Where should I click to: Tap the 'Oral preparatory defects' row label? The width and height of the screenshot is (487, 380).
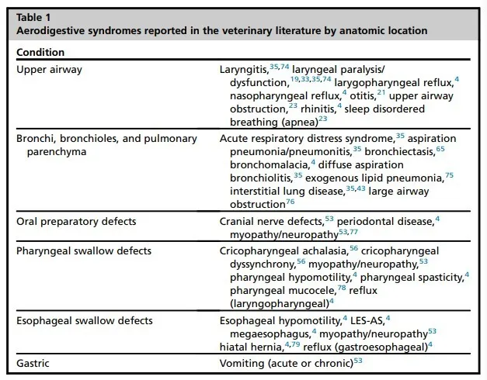click(76, 221)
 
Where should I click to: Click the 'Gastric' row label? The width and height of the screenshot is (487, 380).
click(33, 362)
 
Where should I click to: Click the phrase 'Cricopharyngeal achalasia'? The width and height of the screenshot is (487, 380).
click(284, 251)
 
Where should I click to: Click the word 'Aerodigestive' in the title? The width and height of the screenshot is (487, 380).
click(52, 31)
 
